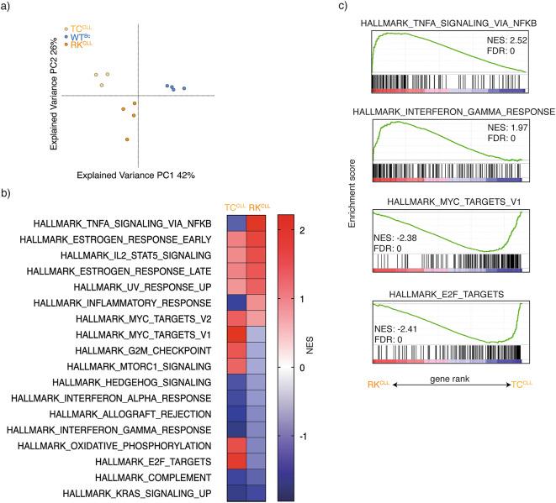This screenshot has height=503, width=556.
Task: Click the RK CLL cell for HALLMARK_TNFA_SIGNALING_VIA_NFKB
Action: [x=259, y=223]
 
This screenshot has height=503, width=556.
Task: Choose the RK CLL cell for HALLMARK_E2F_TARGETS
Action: [x=259, y=461]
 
